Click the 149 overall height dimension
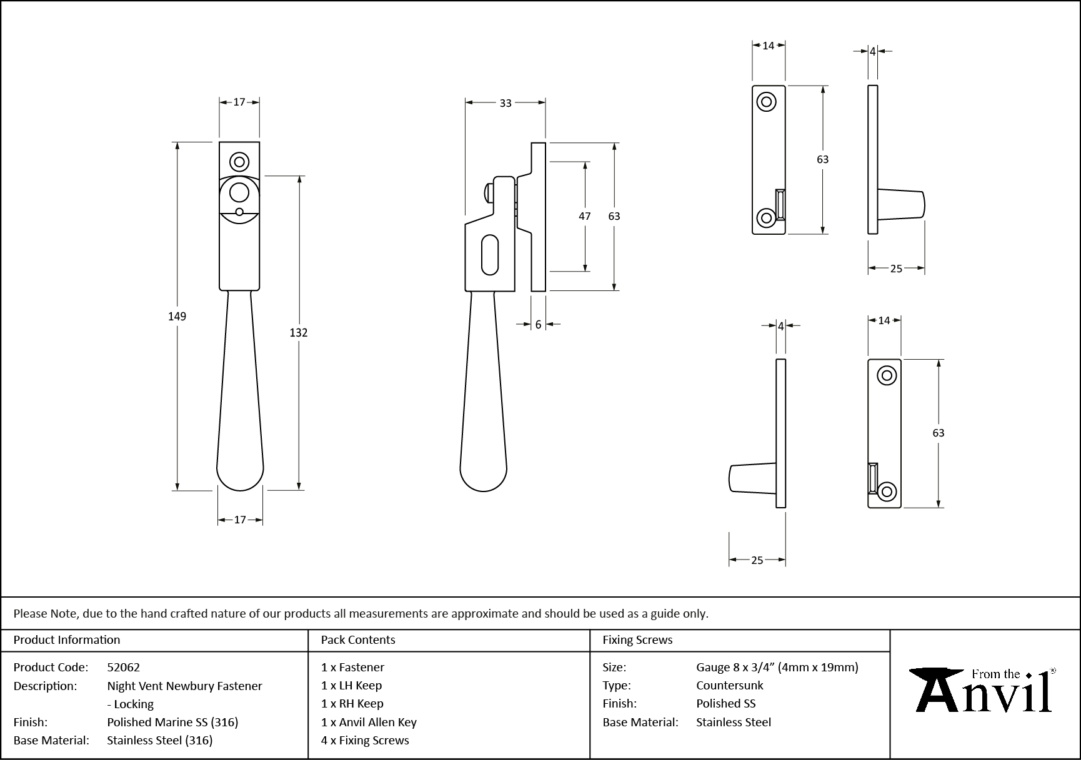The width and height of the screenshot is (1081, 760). click(x=177, y=317)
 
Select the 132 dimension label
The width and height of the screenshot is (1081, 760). click(x=299, y=333)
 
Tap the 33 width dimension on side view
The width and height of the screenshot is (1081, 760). click(x=506, y=103)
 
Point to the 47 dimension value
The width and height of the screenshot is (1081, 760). click(x=584, y=216)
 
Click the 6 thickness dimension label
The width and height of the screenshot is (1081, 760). click(x=538, y=325)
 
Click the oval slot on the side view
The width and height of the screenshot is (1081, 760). click(x=491, y=255)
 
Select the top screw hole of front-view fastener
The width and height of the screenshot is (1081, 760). click(x=239, y=162)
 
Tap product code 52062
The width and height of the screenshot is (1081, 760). click(x=123, y=667)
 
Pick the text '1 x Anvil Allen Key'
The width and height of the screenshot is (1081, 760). click(x=369, y=722)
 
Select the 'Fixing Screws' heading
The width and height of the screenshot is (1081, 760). click(x=637, y=640)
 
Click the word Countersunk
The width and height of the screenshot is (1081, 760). click(x=730, y=685)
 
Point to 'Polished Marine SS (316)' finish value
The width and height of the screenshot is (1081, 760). click(x=172, y=722)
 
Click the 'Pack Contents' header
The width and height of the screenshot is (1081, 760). click(x=358, y=640)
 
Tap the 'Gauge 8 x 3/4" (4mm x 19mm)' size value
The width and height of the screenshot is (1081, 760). click(x=777, y=667)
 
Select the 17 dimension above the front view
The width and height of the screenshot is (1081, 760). click(x=239, y=102)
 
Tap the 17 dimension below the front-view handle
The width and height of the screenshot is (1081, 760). click(x=240, y=520)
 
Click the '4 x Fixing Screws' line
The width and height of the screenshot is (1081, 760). click(x=365, y=740)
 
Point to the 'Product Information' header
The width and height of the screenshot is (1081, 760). click(x=67, y=640)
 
